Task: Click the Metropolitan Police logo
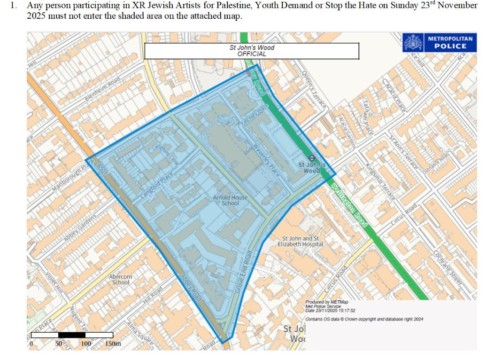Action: coord(440,42)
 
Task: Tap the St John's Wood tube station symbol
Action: coord(312,158)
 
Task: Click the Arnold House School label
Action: coord(226,201)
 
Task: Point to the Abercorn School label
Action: coord(121,280)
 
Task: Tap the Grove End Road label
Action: coord(244,273)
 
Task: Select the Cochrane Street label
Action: coord(448,269)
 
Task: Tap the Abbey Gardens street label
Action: coord(78,229)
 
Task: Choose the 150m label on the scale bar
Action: coord(113,344)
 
